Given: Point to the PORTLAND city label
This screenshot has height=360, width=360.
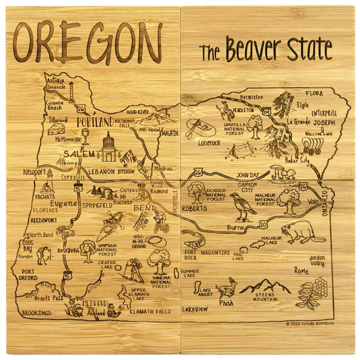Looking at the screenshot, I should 95,122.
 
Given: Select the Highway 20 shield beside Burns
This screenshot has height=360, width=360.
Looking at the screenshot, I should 264,224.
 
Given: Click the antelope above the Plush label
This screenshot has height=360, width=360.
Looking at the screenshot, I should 227,289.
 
